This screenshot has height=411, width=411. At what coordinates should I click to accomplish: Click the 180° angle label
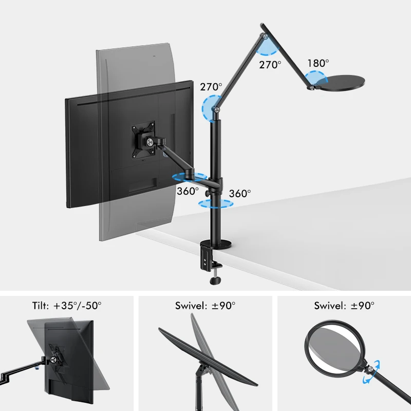click(x=318, y=63)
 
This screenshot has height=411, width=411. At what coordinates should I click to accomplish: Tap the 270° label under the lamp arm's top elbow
click(x=271, y=65)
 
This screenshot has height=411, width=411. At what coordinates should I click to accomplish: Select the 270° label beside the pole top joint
click(x=211, y=87)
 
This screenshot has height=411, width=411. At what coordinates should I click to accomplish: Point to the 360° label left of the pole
click(x=188, y=191)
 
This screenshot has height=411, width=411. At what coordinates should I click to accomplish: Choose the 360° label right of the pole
click(x=240, y=194)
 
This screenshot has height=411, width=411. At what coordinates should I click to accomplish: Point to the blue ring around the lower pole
click(x=215, y=203)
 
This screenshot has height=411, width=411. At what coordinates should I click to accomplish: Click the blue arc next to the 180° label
click(x=315, y=79)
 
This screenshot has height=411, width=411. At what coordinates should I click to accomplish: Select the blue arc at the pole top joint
click(x=211, y=108)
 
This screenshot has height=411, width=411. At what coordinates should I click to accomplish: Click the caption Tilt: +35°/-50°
click(x=67, y=305)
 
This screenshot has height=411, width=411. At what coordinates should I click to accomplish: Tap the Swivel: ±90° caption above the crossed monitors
click(x=206, y=305)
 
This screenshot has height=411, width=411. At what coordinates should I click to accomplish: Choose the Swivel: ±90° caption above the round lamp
click(x=344, y=305)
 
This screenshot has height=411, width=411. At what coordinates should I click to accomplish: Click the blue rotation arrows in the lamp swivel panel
click(x=374, y=372)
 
